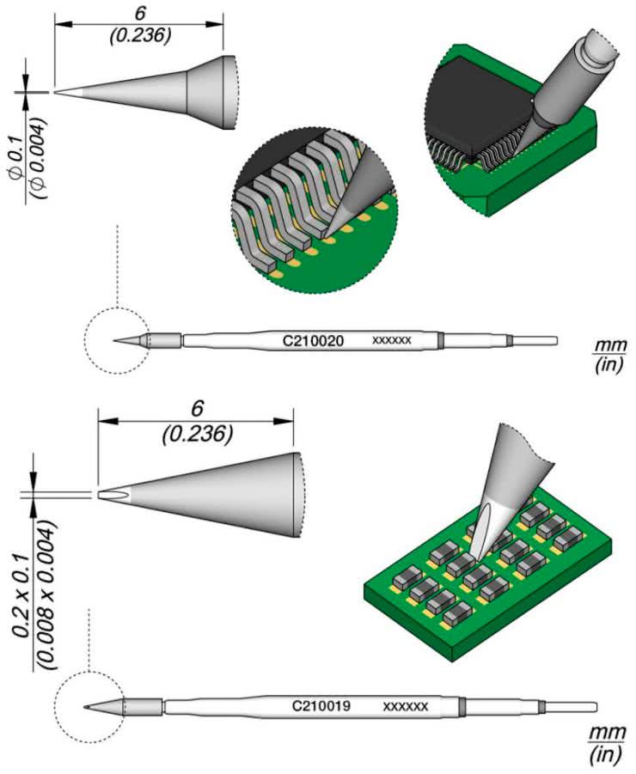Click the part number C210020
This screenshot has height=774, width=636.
click(314, 341)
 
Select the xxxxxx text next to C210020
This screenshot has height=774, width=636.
click(392, 341)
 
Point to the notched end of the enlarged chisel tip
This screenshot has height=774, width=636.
click(107, 495)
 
